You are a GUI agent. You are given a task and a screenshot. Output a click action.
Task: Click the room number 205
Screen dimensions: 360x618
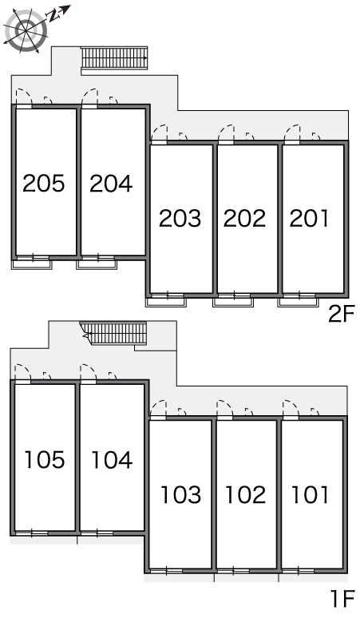click(43, 184)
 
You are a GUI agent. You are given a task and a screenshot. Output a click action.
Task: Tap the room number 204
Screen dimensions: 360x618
click(111, 184)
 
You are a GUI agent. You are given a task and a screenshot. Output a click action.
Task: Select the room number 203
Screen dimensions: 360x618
click(180, 218)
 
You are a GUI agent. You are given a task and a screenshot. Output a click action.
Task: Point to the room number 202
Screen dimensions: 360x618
click(244, 218)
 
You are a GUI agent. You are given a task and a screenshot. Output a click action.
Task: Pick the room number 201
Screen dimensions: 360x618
click(309, 218)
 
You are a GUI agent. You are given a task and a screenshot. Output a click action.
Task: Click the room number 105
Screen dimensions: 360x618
click(45, 460)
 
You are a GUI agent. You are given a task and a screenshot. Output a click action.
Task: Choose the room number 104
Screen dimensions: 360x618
click(112, 460)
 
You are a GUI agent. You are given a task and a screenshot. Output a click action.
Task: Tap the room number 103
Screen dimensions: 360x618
click(181, 494)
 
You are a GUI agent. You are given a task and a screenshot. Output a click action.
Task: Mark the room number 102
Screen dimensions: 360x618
click(246, 494)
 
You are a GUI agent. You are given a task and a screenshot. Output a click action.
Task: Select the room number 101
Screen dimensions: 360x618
click(310, 494)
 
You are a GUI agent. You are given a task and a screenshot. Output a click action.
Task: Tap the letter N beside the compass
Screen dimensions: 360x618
click(52, 16)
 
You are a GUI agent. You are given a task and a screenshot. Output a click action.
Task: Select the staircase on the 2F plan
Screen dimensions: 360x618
click(114, 58)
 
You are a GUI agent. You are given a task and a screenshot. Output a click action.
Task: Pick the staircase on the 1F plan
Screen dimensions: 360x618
click(114, 333)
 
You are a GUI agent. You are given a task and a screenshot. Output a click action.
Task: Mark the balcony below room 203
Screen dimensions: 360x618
click(166, 302)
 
